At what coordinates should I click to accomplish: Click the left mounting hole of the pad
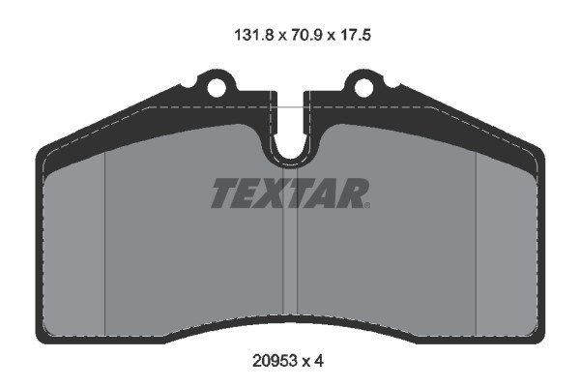click(216, 88)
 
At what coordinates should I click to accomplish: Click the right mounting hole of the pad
click(363, 88)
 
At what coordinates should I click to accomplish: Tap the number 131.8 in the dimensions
click(253, 35)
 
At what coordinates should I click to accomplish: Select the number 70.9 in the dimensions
click(307, 35)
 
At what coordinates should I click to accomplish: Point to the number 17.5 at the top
click(355, 35)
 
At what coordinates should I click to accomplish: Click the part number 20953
click(275, 360)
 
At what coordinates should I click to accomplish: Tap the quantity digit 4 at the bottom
click(319, 360)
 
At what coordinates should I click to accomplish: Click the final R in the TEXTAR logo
click(351, 193)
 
